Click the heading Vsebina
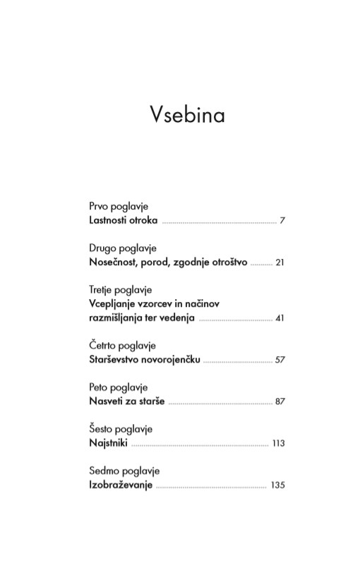pos(187,114)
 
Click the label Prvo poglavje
pos(119,207)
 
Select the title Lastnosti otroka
pos(124,220)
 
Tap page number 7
pos(282,221)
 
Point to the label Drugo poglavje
pos(123,248)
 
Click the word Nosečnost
pos(113,262)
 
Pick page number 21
pos(280,262)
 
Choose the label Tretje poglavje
pos(121,290)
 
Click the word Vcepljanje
pos(114,303)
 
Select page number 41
pos(280,318)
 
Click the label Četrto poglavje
pos(122,346)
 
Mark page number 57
pos(280,360)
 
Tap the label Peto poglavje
pos(118,387)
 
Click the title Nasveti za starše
pos(127,401)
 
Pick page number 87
pos(280,401)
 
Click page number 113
pos(277,443)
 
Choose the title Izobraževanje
pos(121,485)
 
